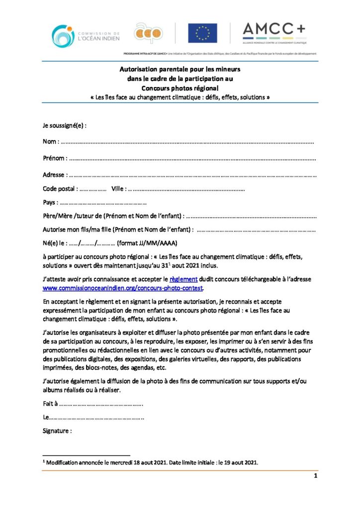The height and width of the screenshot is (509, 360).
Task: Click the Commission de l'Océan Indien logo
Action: [84, 35]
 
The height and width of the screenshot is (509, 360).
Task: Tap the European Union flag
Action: [202, 33]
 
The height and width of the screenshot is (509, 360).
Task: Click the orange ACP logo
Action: [148, 33]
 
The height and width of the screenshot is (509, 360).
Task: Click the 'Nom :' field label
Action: [51, 142]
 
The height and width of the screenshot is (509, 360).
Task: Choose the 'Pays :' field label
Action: [50, 202]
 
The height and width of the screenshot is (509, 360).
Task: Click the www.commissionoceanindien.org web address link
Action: [123, 288]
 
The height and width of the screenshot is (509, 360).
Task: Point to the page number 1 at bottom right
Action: [315, 476]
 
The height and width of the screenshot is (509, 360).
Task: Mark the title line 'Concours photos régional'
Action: [180, 87]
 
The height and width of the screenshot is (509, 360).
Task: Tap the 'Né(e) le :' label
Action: [55, 243]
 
